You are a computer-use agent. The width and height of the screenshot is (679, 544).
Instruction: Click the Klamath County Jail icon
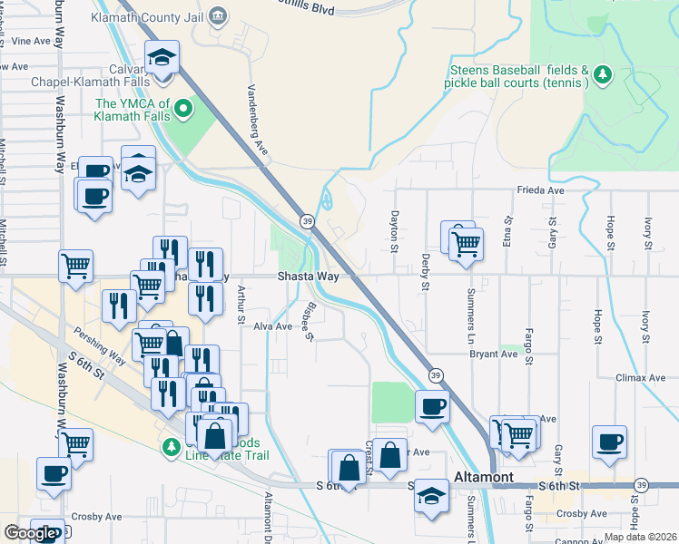[x=217, y=15]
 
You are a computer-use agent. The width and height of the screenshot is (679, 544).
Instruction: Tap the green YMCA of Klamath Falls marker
[x=185, y=111]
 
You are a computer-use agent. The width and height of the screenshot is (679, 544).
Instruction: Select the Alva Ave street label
[x=272, y=326]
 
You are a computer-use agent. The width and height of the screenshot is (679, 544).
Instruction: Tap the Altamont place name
[x=483, y=477]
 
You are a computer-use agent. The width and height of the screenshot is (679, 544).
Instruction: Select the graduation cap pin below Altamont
[x=432, y=495]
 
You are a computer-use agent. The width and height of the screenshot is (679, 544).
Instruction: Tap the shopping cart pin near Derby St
[x=465, y=242]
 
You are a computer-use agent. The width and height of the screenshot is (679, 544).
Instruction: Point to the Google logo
[x=29, y=532]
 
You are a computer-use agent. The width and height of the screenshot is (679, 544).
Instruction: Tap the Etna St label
[x=508, y=233]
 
